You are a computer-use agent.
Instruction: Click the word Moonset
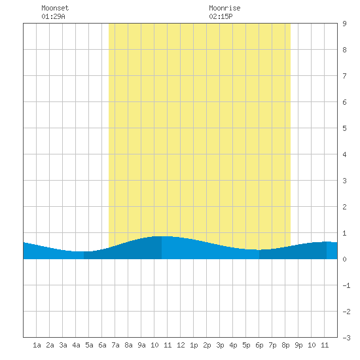(55, 8)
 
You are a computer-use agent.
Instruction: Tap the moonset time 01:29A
(53, 16)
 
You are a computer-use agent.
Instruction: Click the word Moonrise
(225, 8)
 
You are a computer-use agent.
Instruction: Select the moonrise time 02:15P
(221, 16)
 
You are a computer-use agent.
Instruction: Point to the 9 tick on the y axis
(344, 24)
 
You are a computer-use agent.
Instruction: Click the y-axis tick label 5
(344, 128)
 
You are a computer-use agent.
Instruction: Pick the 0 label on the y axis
(344, 259)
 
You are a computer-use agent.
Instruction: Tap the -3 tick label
(346, 338)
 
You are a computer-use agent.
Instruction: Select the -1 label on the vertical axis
(346, 285)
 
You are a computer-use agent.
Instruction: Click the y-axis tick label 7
(344, 76)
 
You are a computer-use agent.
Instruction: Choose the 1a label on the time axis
(37, 345)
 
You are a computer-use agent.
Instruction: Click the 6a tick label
(102, 345)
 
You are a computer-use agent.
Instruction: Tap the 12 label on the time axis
(181, 345)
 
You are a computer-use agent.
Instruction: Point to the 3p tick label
(220, 345)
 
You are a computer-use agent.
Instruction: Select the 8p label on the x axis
(285, 345)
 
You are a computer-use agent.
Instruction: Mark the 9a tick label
(141, 345)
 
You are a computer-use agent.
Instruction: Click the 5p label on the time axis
(246, 345)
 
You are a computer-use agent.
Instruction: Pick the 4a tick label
(76, 345)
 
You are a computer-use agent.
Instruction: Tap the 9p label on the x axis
(298, 345)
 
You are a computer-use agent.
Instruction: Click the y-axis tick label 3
(344, 181)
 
